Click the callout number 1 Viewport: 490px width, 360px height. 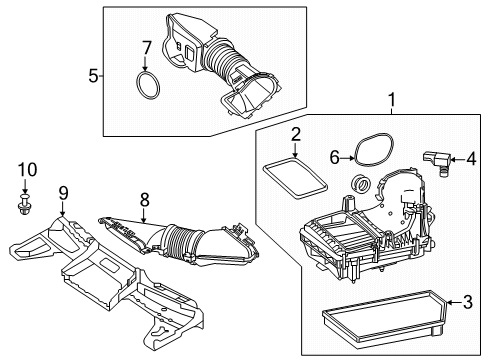[x=392, y=100]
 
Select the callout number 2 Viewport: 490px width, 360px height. [x=296, y=134]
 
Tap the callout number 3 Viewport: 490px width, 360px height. [x=468, y=302]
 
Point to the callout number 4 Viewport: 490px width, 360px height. [x=471, y=159]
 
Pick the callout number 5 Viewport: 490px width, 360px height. [x=94, y=76]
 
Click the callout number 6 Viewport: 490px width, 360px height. [x=334, y=157]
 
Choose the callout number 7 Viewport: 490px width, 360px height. [x=147, y=48]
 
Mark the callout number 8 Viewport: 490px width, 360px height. [x=145, y=200]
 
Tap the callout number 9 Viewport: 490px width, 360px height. [x=63, y=193]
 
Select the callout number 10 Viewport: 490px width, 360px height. [x=27, y=170]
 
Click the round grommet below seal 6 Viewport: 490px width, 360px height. [x=361, y=183]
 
